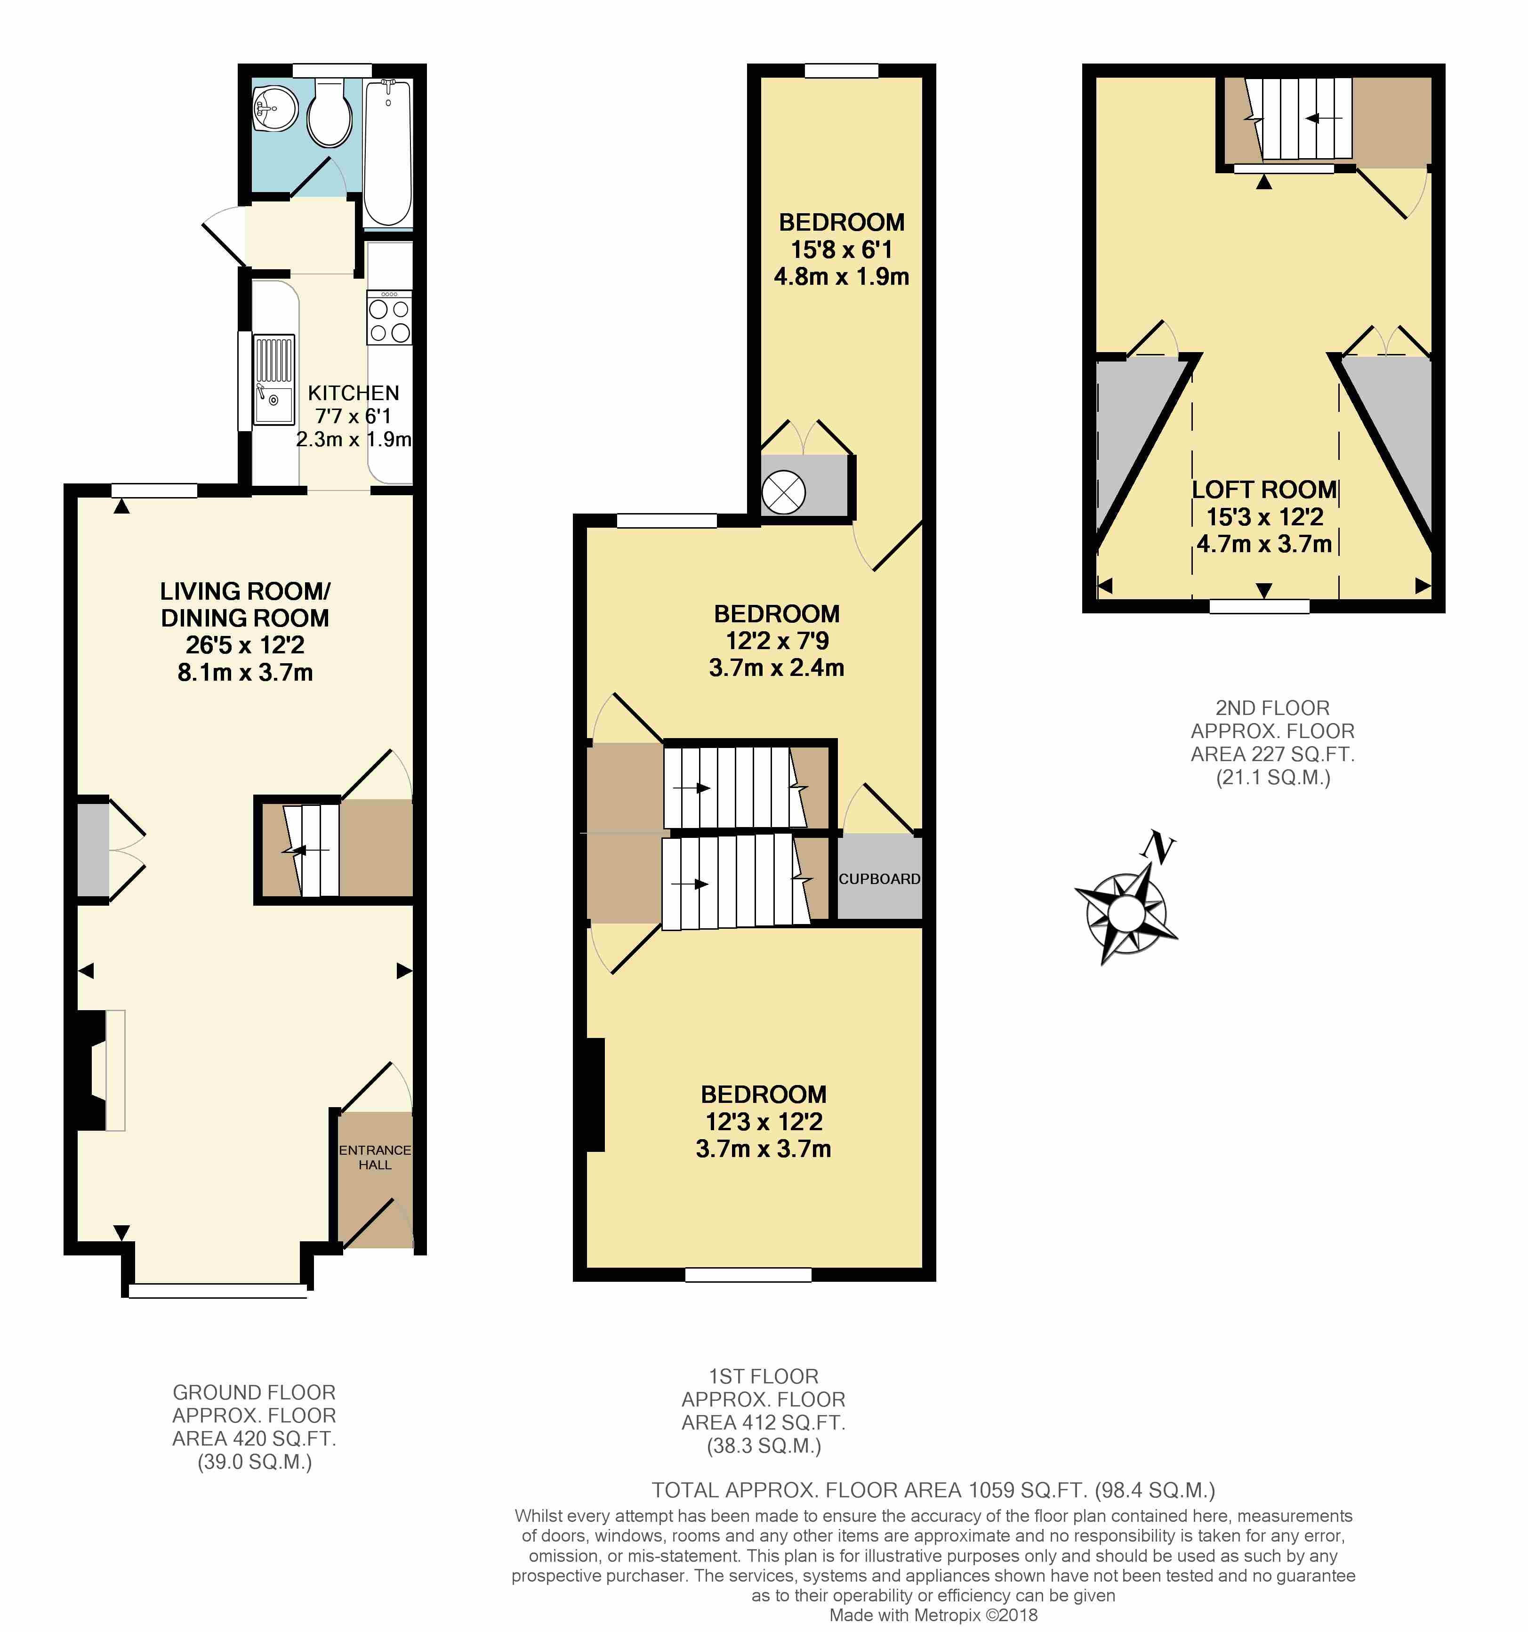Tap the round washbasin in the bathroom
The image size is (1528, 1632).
click(275, 107)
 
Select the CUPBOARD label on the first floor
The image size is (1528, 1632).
click(879, 878)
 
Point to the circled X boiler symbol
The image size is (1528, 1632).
click(783, 492)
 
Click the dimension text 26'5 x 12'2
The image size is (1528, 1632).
click(245, 645)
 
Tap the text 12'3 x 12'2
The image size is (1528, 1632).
click(764, 1121)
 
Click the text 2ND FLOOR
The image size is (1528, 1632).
click(1272, 707)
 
